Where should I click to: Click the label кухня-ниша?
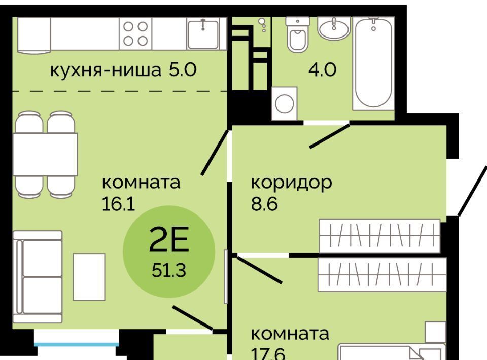click(106, 70)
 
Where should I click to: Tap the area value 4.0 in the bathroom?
click(322, 70)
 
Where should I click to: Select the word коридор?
click(291, 183)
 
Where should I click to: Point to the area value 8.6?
click(264, 204)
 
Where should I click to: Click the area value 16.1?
click(118, 204)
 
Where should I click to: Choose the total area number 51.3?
click(169, 270)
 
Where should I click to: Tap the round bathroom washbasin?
click(334, 28)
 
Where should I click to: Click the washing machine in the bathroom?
click(284, 103)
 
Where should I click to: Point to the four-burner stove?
click(135, 33)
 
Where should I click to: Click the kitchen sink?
click(203, 33)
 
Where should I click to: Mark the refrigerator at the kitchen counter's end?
click(34, 35)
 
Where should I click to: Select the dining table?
click(45, 154)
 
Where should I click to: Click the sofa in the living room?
click(38, 277)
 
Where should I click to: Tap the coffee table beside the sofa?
click(89, 277)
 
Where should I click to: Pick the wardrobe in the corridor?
click(380, 236)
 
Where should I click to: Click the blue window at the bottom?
click(77, 344)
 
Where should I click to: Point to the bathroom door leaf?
click(330, 136)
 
